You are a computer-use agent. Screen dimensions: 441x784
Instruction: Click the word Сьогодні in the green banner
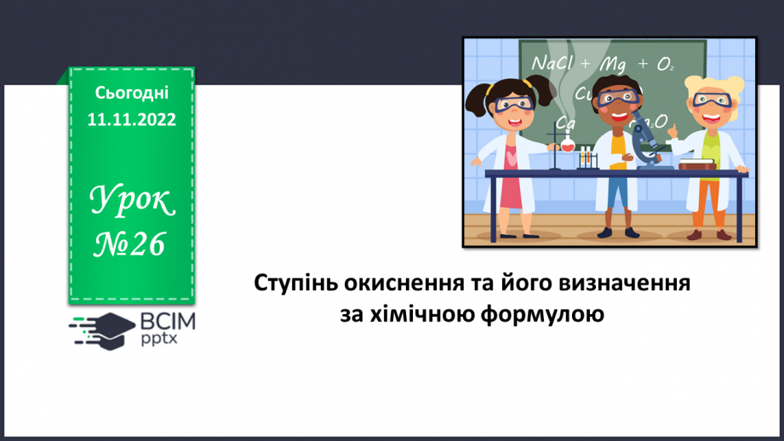coord(132,93)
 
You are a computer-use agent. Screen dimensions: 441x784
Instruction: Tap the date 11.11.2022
coord(132,120)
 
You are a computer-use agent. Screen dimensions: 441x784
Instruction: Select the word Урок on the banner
coord(133,202)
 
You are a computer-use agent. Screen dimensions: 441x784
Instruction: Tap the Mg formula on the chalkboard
coord(612,64)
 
